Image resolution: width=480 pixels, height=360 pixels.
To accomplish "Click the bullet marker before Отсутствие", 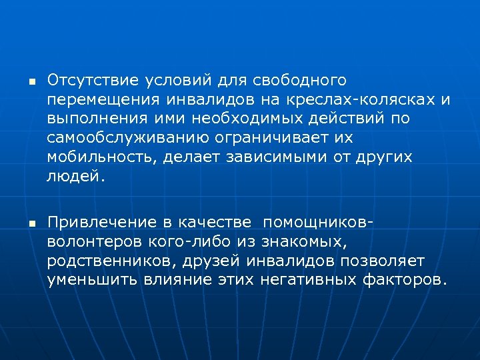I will click(x=30, y=81).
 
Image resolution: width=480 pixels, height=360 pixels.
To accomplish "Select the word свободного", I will click(x=300, y=81).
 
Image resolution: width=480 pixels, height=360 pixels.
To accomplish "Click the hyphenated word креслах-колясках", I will click(x=356, y=100).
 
